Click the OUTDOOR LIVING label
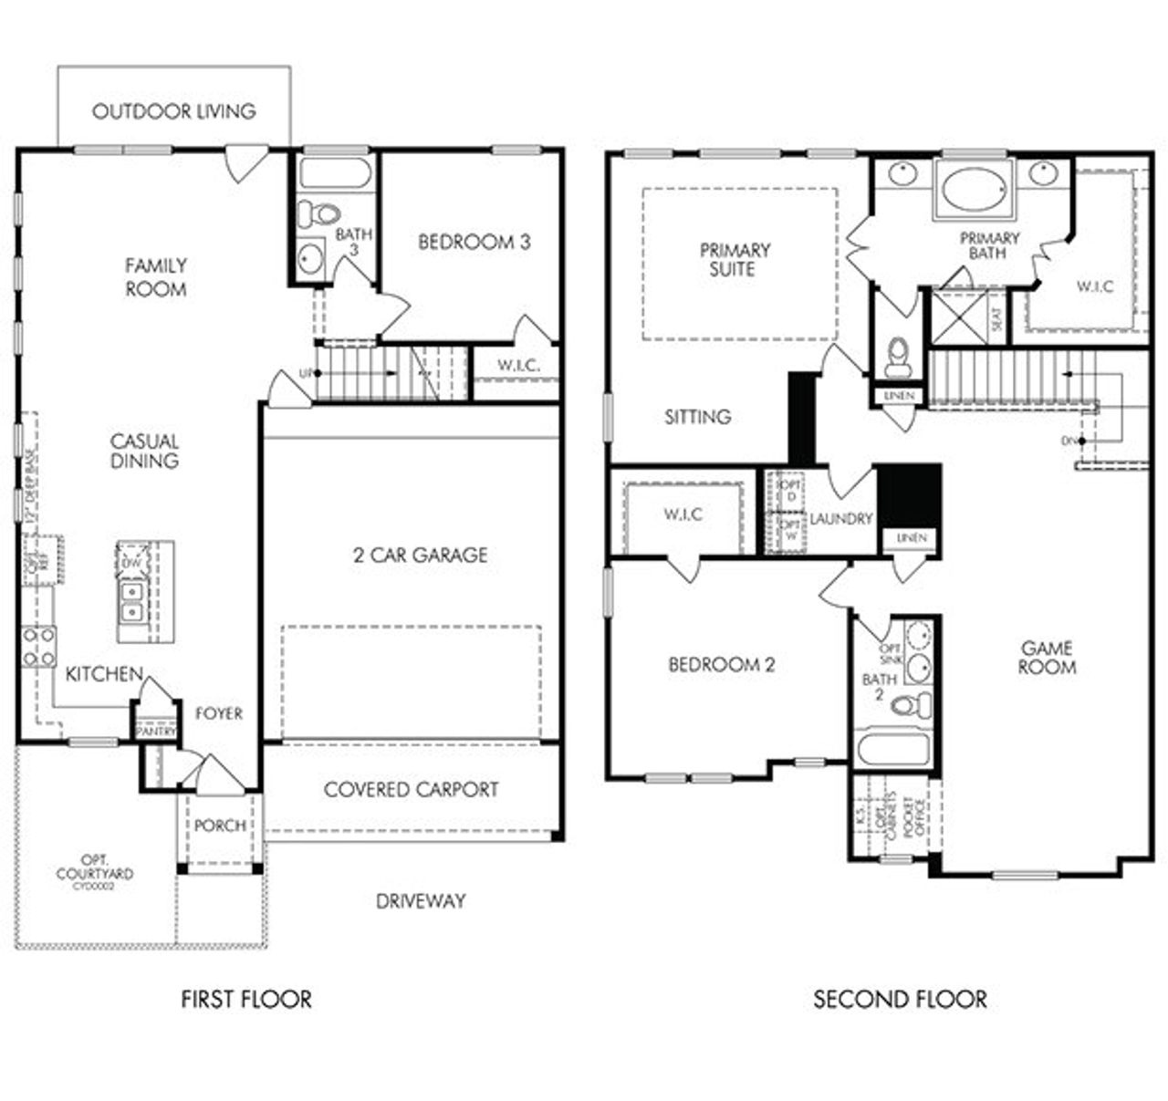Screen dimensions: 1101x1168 click(174, 111)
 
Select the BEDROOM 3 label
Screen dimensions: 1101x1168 click(474, 242)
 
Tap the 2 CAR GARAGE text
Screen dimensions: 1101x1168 click(420, 555)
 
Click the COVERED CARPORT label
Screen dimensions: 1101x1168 click(411, 789)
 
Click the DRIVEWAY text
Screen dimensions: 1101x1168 click(421, 901)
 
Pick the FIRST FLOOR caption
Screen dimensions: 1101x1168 click(246, 1000)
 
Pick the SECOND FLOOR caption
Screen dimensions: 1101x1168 click(900, 1000)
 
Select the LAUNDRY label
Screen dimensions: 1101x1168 click(840, 518)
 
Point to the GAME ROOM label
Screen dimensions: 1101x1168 click(1047, 658)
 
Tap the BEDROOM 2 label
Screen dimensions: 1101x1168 click(721, 665)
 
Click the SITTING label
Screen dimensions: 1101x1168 click(697, 417)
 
